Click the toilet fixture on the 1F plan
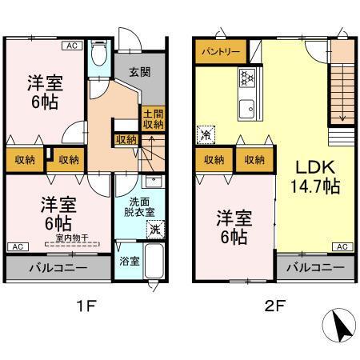(x=99, y=54)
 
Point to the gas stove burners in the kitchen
(x=246, y=78)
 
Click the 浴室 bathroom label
(x=127, y=261)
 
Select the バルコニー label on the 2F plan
(x=315, y=268)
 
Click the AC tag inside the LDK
(x=342, y=246)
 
